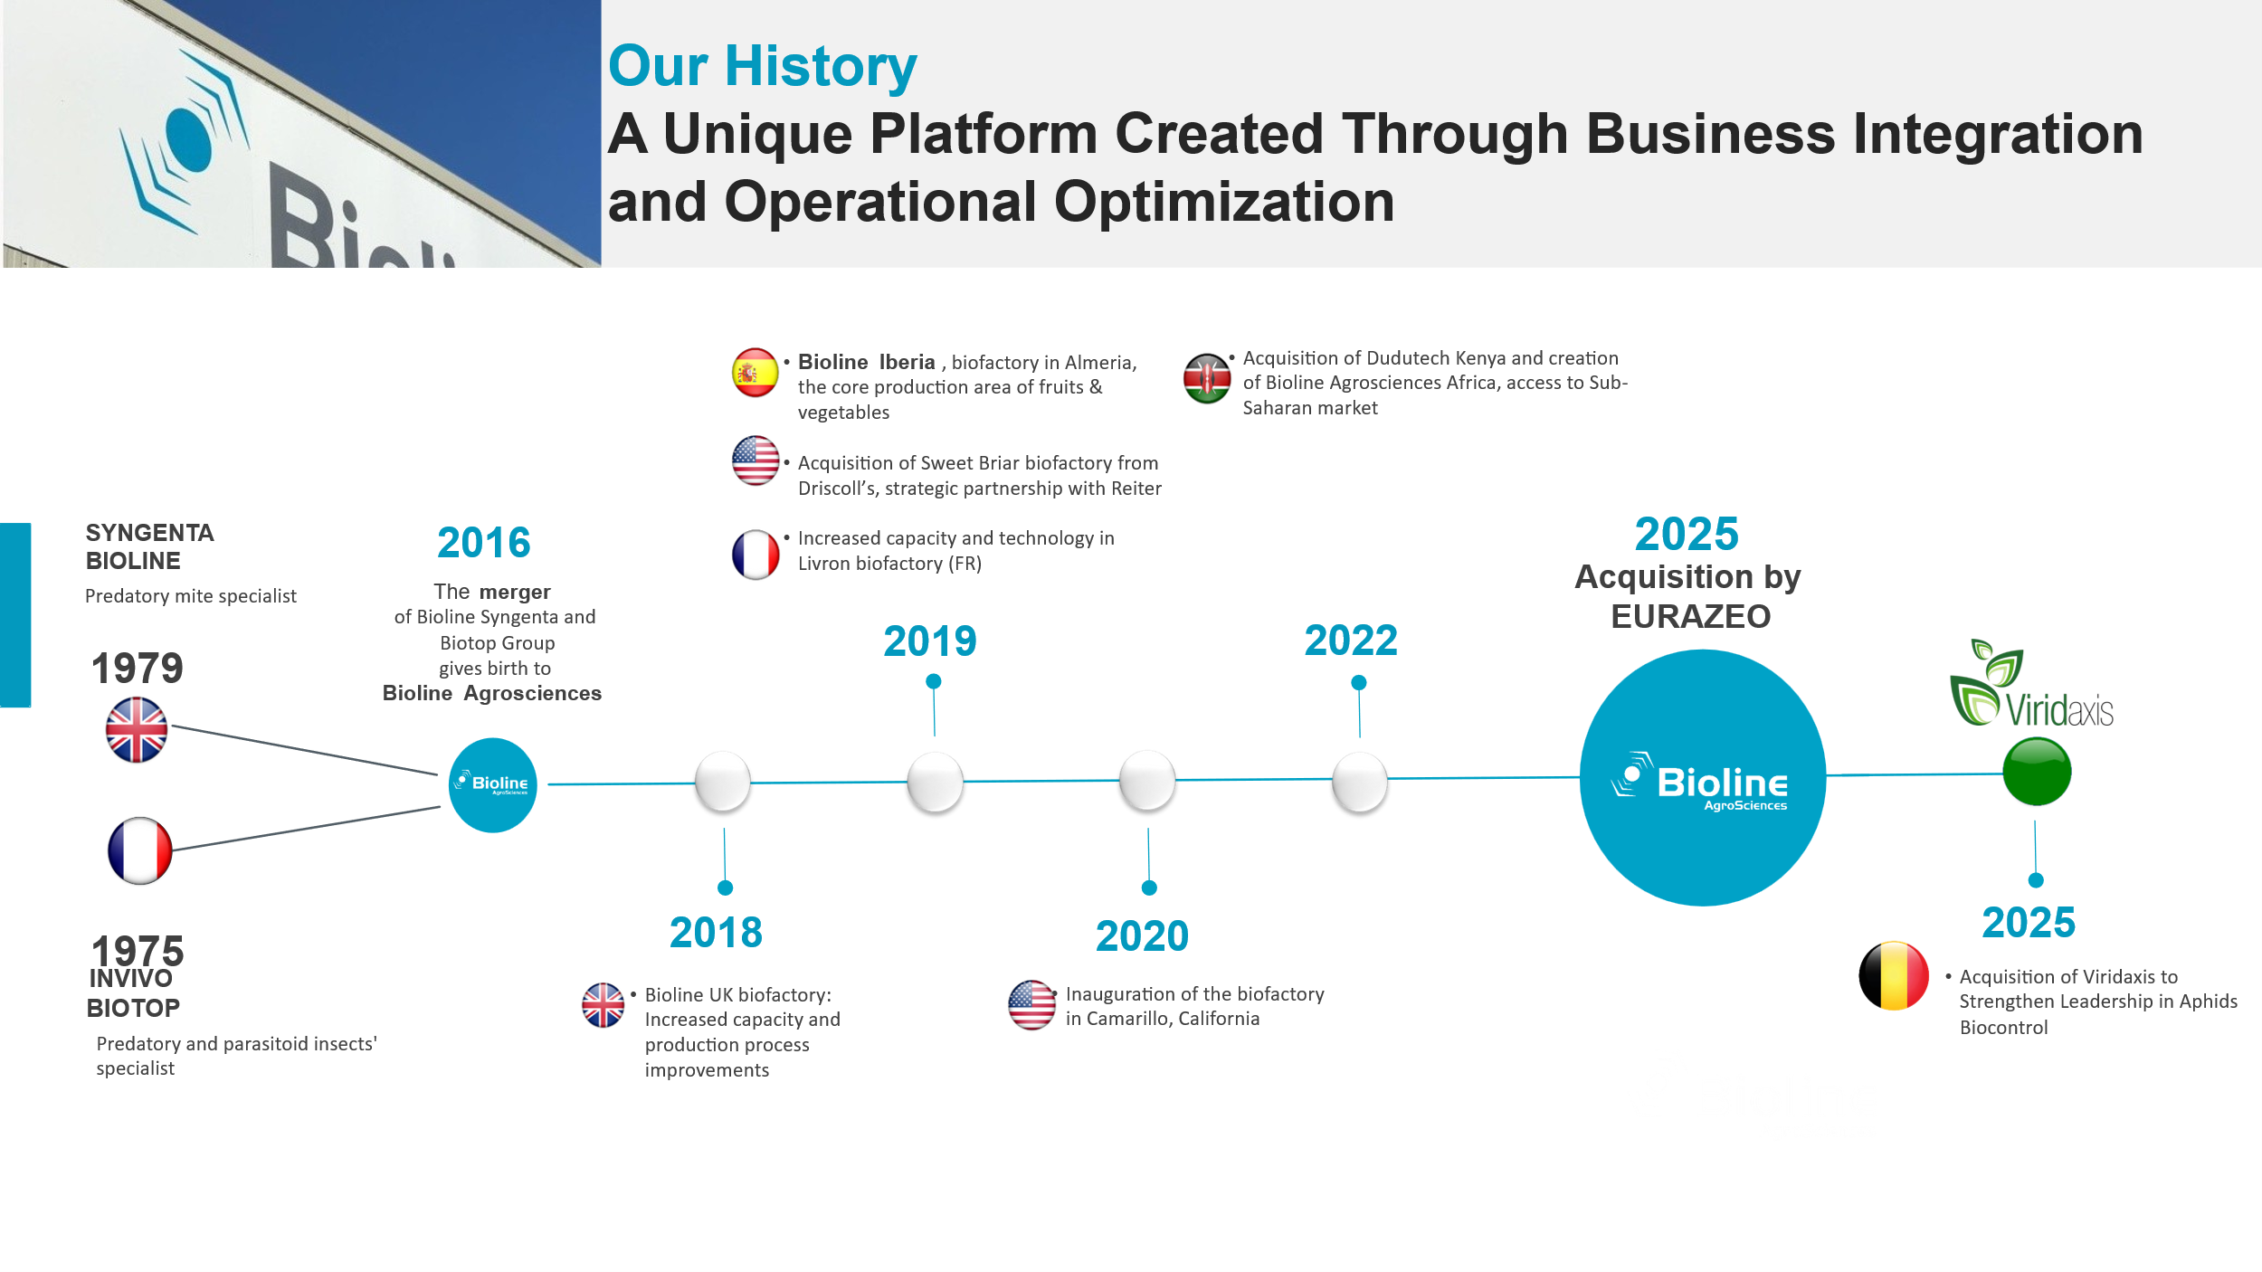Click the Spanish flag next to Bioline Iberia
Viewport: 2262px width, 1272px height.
(755, 373)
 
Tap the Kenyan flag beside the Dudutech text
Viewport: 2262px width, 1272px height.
(1207, 378)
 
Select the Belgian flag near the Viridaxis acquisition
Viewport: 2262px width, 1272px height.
(1894, 976)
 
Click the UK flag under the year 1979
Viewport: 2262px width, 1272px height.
(137, 729)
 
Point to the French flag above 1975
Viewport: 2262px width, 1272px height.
(139, 850)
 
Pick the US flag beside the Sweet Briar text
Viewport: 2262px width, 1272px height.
(756, 460)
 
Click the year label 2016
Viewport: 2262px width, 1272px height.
(483, 543)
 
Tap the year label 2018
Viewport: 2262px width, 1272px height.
(716, 933)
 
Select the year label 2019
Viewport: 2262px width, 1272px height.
(930, 641)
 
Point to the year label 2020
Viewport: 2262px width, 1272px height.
(1142, 936)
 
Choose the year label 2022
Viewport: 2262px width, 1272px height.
(1351, 641)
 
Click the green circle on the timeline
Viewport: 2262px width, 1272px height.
(2037, 772)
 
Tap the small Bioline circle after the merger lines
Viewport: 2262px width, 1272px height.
(493, 785)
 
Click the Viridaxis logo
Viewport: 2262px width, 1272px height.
(2031, 687)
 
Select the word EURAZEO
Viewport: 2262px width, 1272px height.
(1690, 617)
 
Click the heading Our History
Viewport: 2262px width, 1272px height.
(762, 67)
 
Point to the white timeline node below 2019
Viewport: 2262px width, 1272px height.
(935, 782)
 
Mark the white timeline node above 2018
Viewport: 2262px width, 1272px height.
(722, 782)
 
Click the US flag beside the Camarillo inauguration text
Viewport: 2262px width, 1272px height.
(1031, 1005)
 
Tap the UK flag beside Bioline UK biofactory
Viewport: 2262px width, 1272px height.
(604, 1005)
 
